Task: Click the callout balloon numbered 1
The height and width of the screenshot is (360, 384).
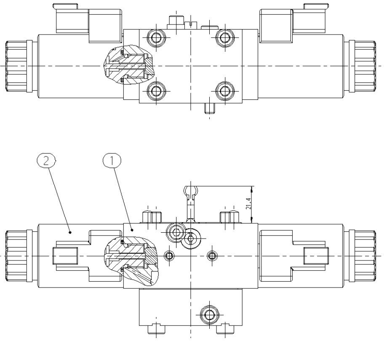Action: tap(112, 161)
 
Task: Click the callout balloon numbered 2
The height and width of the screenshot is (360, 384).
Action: tap(46, 161)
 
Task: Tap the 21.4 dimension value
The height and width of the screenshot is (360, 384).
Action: tap(248, 204)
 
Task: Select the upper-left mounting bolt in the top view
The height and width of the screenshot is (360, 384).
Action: tap(156, 37)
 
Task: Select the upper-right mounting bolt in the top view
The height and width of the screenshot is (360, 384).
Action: tap(224, 37)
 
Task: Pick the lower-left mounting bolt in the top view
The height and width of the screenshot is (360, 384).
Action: tap(156, 91)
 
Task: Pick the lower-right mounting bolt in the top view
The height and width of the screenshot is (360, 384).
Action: tap(224, 91)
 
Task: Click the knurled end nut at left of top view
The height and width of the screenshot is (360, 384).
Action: tap(16, 66)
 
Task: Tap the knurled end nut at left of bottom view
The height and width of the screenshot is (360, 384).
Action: tap(16, 255)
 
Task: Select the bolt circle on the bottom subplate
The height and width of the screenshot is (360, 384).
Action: tap(209, 314)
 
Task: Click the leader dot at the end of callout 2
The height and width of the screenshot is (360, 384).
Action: tap(70, 232)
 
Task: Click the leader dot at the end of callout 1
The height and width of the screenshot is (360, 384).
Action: tap(133, 230)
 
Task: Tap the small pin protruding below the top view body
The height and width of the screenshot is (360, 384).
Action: tap(209, 108)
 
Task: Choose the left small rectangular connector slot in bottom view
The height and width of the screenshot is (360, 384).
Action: tap(65, 255)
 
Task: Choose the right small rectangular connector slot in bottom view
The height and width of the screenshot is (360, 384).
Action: tap(316, 255)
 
